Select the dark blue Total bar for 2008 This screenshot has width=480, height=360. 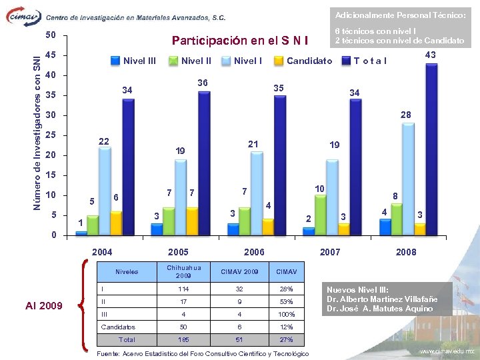(431, 149)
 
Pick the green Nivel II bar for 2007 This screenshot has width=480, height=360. (321, 215)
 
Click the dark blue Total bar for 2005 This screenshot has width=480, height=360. (203, 163)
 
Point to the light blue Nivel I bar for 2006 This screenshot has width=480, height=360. (257, 193)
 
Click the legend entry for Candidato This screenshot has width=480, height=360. (303, 61)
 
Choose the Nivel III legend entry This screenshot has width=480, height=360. (133, 61)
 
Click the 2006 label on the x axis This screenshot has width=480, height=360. (254, 252)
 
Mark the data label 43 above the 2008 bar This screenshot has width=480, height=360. (431, 55)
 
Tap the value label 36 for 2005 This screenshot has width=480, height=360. (203, 83)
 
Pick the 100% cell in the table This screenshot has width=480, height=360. (287, 313)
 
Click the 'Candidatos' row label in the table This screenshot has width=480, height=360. (117, 327)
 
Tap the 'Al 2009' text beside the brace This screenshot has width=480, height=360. (44, 306)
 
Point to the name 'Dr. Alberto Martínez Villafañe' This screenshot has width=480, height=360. (383, 299)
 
